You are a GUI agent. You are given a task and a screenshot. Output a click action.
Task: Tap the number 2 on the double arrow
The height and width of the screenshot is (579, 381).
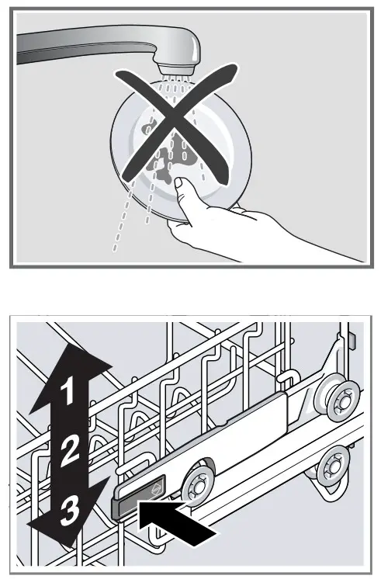point(69,449)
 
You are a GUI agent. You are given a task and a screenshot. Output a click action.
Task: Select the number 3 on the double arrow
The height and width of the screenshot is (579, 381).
point(70,511)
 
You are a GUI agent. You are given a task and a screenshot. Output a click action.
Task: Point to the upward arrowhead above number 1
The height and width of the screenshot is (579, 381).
point(70,373)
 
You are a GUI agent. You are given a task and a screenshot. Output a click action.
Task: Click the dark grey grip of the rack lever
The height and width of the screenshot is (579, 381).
point(137,496)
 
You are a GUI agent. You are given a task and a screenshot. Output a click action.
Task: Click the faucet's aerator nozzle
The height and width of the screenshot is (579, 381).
point(175,68)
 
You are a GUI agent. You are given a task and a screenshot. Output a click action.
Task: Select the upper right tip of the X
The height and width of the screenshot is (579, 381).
point(234,68)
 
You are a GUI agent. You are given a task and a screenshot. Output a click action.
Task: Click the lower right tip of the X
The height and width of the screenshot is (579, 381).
point(227,180)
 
